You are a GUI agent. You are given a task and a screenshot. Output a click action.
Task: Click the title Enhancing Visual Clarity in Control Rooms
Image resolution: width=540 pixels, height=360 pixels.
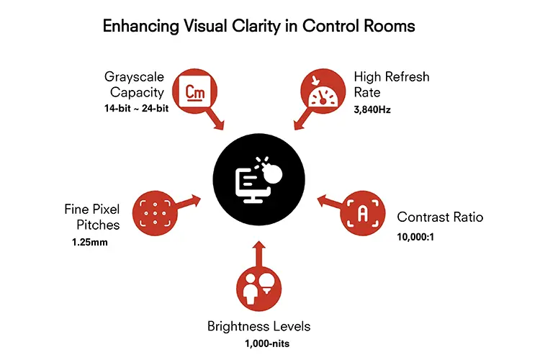tap(259, 26)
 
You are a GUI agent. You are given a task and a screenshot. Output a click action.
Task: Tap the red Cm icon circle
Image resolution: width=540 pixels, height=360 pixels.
tap(195, 91)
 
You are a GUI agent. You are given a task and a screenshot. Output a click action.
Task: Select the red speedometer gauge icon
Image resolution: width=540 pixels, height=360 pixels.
tap(323, 91)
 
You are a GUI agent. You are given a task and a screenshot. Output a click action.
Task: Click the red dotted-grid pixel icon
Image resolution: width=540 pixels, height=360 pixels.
tap(155, 213)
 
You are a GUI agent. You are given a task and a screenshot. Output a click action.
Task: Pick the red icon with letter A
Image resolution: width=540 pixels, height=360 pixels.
tap(363, 213)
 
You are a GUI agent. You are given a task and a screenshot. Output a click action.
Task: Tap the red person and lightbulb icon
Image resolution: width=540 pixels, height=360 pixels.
tap(259, 289)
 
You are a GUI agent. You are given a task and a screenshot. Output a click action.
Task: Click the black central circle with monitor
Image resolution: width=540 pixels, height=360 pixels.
tap(259, 179)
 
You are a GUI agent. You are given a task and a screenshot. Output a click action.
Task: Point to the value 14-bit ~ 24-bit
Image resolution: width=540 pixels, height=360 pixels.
tap(136, 108)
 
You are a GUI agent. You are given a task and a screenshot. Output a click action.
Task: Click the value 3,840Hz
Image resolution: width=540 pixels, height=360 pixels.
tap(372, 109)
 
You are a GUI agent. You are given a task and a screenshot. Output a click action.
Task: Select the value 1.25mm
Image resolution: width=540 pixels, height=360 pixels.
tap(90, 242)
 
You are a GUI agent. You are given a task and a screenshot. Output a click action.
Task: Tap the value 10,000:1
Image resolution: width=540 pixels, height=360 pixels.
tap(415, 237)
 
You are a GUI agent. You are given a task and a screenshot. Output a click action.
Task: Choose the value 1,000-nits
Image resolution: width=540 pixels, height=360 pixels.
tap(267, 343)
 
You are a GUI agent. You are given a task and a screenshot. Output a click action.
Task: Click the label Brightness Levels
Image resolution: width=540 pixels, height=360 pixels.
tap(259, 326)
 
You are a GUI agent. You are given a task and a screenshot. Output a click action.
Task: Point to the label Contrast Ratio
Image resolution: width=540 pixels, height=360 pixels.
tap(440, 217)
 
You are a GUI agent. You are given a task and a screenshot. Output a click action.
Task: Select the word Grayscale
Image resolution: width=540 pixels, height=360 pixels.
tap(135, 77)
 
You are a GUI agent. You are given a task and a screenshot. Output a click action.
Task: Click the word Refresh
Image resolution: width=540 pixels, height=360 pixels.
tap(408, 76)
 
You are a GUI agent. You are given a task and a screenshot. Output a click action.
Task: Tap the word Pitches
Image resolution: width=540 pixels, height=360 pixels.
tap(98, 225)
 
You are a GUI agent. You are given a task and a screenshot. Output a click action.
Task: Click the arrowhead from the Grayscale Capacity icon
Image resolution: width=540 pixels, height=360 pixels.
tap(219, 125)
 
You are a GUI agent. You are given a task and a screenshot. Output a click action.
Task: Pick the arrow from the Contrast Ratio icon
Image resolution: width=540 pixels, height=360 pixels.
tap(330, 202)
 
